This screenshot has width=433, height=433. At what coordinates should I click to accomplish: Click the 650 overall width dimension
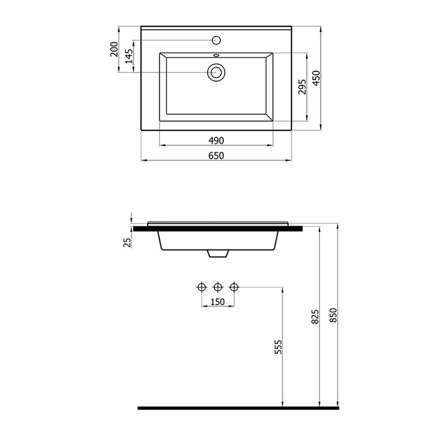click(x=216, y=156)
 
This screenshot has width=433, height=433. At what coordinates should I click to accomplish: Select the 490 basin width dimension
click(x=216, y=140)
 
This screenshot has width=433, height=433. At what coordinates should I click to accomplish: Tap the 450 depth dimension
click(x=316, y=78)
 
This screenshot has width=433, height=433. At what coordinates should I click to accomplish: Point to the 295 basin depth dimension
click(x=302, y=87)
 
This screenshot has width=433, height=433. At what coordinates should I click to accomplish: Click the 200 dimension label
click(x=114, y=49)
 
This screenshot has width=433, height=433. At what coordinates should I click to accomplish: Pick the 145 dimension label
click(x=129, y=56)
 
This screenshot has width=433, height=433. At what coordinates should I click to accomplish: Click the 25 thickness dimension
click(x=127, y=242)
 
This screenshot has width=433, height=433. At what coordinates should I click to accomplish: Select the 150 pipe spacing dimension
click(x=218, y=302)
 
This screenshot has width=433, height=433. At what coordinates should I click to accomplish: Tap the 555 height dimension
click(x=278, y=347)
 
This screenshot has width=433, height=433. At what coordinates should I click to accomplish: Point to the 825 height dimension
click(x=315, y=317)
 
